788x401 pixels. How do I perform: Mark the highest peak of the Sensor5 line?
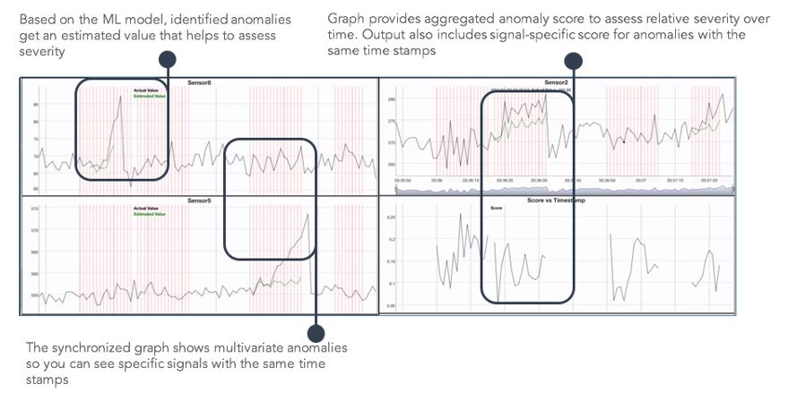pos(307,214)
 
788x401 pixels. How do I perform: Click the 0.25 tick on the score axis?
pos(390,217)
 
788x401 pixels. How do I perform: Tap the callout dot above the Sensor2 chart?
pos(574,60)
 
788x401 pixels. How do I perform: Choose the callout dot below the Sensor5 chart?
pos(316,328)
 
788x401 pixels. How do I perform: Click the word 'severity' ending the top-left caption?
pos(40,51)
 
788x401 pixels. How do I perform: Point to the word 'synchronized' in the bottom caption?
pos(84,347)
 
